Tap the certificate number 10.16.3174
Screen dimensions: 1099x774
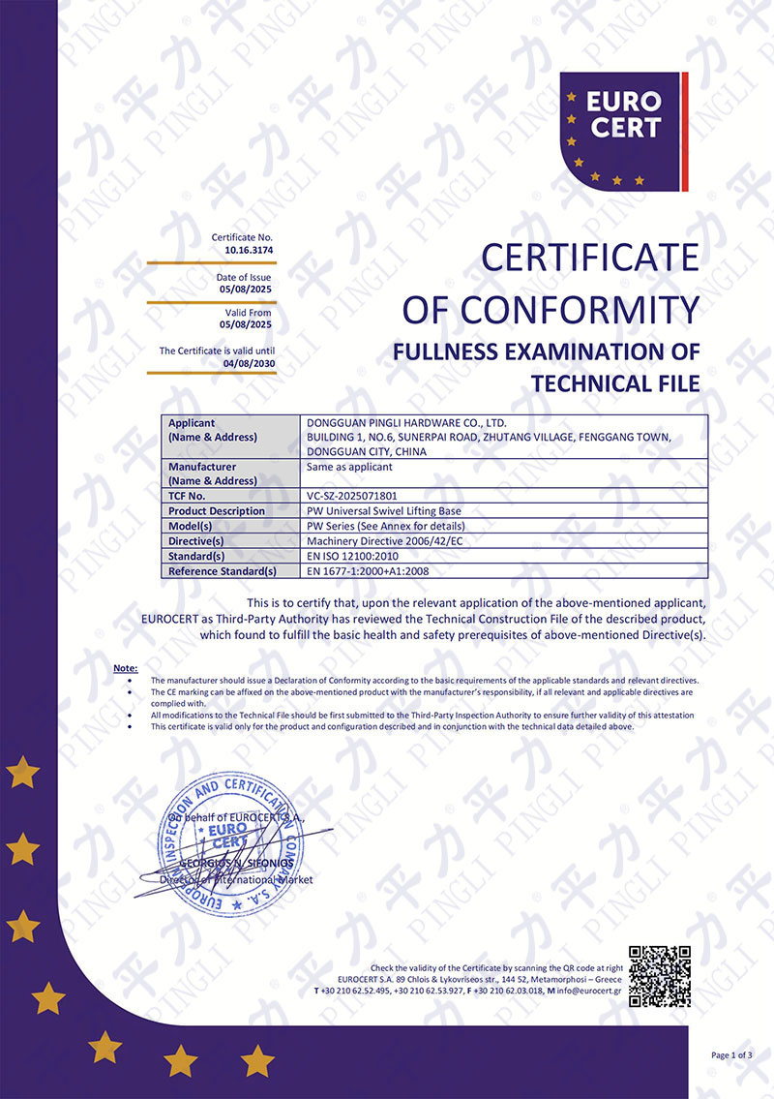(250, 250)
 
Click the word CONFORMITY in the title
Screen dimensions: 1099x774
(579, 309)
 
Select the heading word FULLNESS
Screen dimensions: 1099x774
(450, 351)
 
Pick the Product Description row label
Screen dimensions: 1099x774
(217, 510)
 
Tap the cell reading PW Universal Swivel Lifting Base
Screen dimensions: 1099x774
(383, 510)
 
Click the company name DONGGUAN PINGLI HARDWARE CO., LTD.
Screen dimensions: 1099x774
(405, 422)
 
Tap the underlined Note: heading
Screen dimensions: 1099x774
(126, 669)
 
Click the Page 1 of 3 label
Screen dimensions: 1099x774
(731, 1054)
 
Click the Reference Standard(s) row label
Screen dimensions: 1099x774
(223, 571)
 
